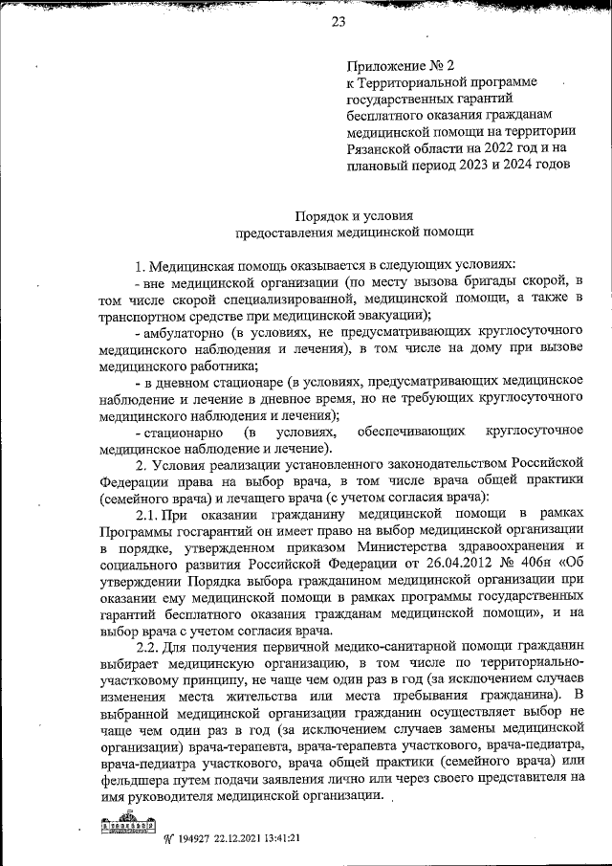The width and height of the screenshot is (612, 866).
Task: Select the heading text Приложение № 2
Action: (x=399, y=68)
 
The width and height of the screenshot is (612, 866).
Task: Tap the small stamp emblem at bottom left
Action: (x=128, y=825)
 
